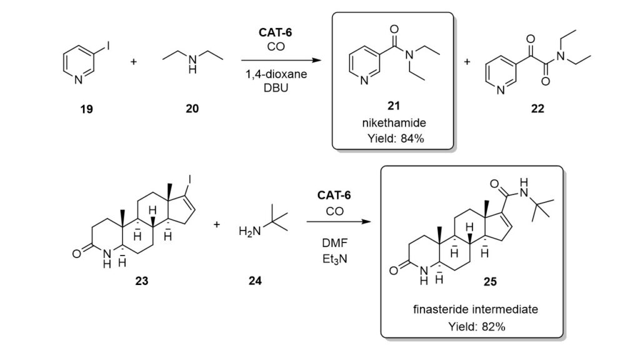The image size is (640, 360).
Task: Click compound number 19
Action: pos(86,109)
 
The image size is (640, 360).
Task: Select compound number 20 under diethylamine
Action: pos(192,109)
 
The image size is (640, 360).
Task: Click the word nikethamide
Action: pos(393,124)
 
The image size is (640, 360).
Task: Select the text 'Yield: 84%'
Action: pos(393,138)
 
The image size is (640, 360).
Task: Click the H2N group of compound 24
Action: pos(248,232)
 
